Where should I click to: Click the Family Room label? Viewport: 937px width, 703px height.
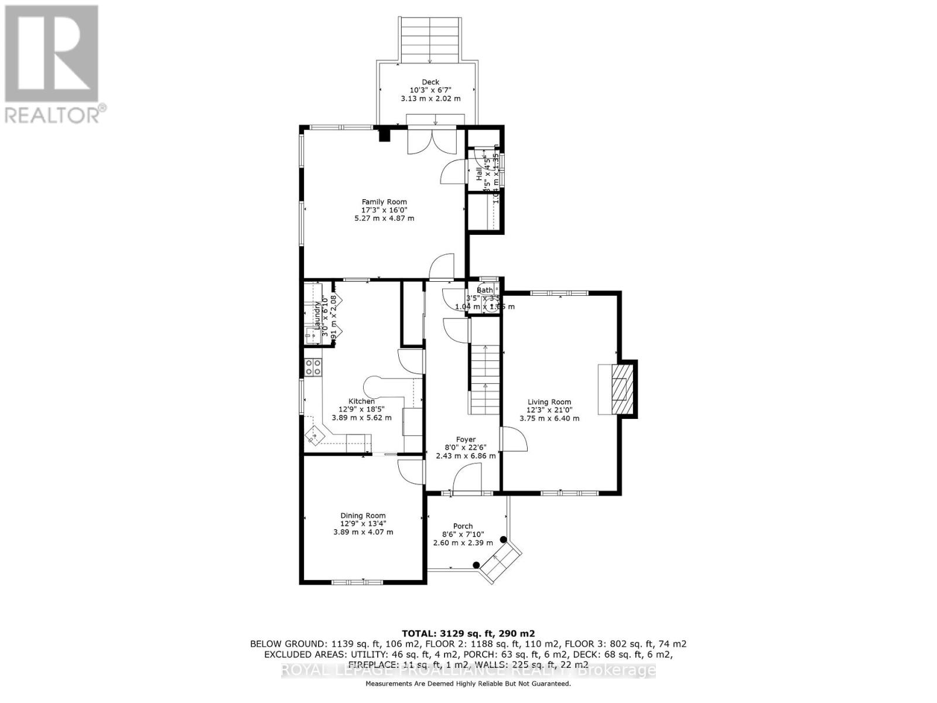(384, 202)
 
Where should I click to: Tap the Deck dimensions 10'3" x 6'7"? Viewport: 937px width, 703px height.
(430, 90)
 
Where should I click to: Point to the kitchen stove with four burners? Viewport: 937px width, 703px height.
(313, 367)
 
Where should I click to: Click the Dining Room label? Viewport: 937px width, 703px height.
(363, 516)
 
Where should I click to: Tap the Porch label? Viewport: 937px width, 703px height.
(463, 526)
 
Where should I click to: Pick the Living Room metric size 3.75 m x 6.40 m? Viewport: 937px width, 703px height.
(549, 418)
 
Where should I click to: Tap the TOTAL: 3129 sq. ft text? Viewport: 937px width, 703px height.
(468, 633)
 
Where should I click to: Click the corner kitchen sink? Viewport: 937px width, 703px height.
(316, 435)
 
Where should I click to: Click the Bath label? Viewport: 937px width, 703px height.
(484, 290)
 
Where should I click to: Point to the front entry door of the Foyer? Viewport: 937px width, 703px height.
(467, 477)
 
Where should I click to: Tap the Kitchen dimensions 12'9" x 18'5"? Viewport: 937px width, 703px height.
(361, 409)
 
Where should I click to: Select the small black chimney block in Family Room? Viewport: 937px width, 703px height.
(384, 135)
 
